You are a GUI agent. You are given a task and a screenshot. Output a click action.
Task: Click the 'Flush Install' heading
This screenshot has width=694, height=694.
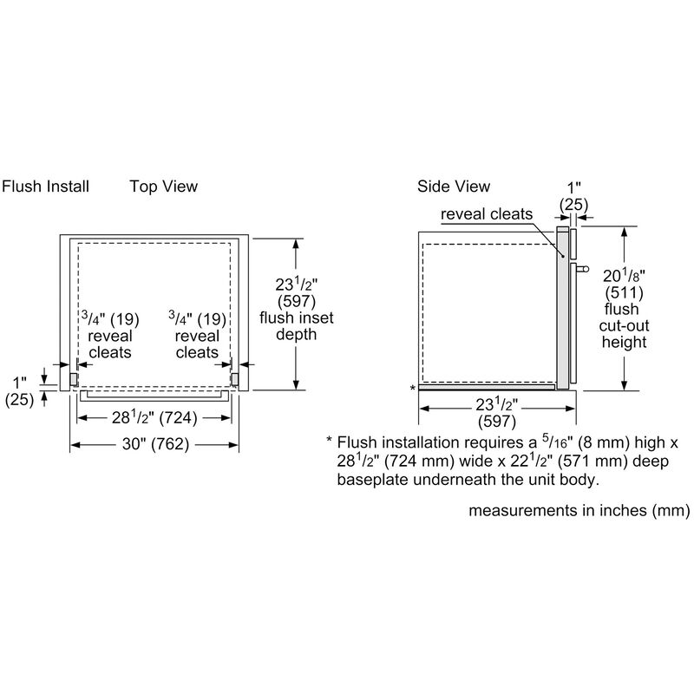point(45,187)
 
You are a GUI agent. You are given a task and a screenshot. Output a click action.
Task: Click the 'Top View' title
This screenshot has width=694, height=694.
point(163,187)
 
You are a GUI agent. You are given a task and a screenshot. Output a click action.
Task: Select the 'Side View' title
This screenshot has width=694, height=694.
point(453,187)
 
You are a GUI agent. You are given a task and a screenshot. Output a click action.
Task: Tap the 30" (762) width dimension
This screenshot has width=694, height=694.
point(154,445)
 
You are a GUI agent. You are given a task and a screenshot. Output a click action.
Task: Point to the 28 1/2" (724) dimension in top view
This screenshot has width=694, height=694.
point(154,418)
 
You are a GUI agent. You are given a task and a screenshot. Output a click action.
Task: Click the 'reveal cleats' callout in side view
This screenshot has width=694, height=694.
point(486,214)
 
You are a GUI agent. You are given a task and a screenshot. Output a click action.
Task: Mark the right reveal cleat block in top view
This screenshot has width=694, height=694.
point(233,378)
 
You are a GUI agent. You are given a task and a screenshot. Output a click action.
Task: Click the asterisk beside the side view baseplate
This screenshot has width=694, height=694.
point(413,389)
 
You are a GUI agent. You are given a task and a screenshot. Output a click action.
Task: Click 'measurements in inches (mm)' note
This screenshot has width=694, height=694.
point(579,511)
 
